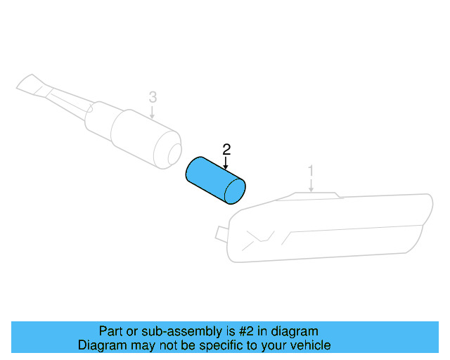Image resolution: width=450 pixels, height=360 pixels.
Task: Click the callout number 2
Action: [226, 149]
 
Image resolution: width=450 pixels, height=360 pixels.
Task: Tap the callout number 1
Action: [311, 171]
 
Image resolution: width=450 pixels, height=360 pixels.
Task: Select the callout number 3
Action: [153, 96]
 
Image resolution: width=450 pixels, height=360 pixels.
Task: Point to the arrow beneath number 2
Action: [226, 163]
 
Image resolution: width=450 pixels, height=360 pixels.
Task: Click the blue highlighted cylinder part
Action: [211, 179]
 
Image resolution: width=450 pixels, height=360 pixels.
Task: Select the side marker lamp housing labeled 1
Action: [330, 225]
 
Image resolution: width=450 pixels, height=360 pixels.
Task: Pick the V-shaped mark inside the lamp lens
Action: [257, 237]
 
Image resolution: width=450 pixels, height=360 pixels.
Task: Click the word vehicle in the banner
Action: [310, 345]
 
